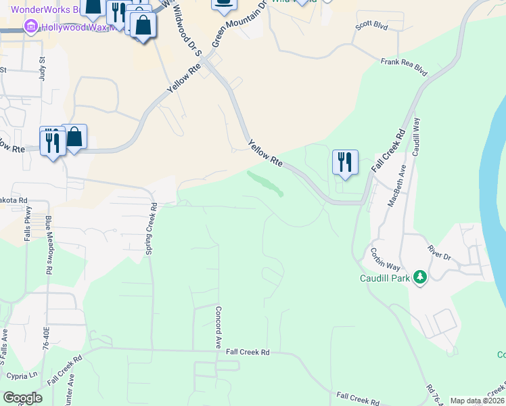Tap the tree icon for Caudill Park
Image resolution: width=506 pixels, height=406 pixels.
point(420,278)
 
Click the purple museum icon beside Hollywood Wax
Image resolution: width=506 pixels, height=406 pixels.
point(29,27)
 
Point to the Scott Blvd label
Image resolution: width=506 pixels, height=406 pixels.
point(371,26)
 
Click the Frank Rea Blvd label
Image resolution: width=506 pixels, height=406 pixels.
point(405,65)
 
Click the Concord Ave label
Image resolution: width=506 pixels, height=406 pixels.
point(218,327)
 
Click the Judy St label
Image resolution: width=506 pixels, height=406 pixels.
point(42,70)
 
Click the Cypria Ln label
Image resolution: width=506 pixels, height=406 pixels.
point(23,376)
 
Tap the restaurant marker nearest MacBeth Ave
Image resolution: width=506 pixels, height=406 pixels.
point(345,163)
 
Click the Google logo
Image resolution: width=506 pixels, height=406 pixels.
point(22,398)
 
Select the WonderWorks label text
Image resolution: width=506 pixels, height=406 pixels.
point(41,10)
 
